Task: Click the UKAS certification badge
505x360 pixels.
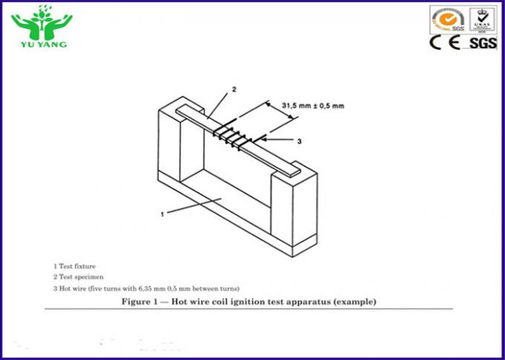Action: coord(483,19)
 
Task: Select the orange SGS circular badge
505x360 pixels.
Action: coord(450,19)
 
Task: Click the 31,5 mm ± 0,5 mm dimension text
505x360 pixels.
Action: coord(313,105)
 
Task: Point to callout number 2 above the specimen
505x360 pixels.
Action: coord(234,90)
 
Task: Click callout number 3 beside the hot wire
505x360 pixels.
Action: coord(299,140)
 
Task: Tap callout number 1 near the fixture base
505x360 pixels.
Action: coord(162,215)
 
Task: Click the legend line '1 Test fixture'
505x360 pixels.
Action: coord(74,266)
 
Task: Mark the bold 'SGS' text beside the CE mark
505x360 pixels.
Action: coord(483,43)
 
